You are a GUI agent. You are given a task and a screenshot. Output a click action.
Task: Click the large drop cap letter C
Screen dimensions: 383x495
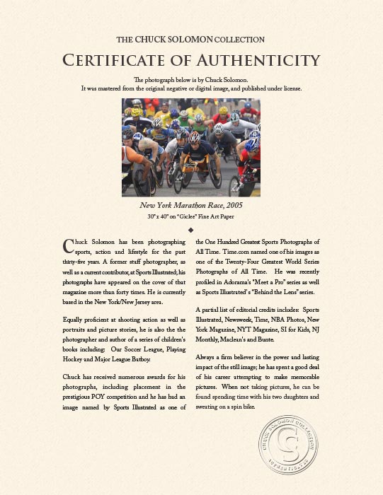click(x=68, y=245)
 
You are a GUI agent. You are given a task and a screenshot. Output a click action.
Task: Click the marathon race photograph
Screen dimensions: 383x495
click(x=191, y=147)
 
